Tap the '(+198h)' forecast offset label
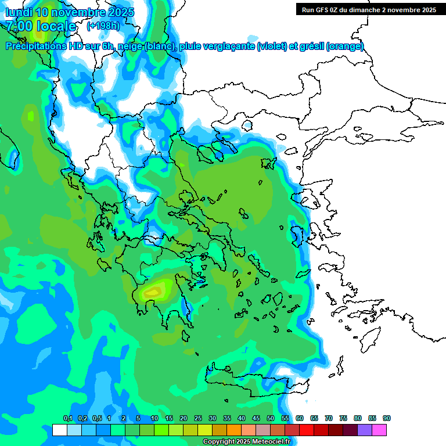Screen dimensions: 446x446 pyautogui.click(x=103, y=26)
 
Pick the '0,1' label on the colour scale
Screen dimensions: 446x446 pyautogui.click(x=68, y=419)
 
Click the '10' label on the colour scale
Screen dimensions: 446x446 pyautogui.click(x=154, y=419)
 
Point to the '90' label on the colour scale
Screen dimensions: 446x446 pyautogui.click(x=387, y=419)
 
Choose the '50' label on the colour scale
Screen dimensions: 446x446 pyautogui.click(x=271, y=419)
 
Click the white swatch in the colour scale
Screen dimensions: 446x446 pyautogui.click(x=59, y=430)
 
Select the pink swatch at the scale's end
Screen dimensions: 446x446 pyautogui.click(x=379, y=430)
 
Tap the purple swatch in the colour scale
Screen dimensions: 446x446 pyautogui.click(x=365, y=430)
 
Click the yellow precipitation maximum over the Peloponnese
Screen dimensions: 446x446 pyautogui.click(x=156, y=290)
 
